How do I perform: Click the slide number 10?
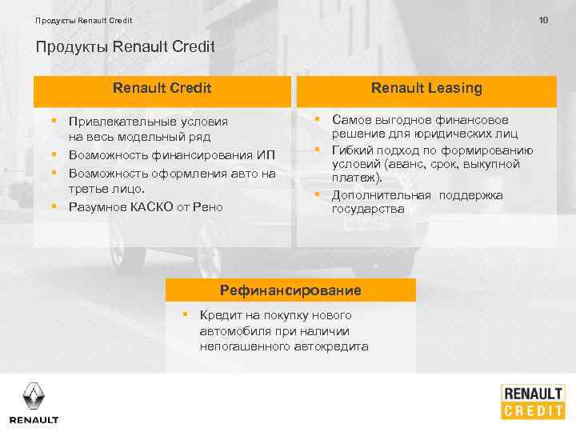(x=544, y=19)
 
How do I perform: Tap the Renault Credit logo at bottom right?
(x=533, y=402)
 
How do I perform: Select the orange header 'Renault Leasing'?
(x=426, y=88)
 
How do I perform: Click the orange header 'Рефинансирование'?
(x=290, y=290)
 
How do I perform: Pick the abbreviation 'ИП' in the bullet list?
(x=270, y=154)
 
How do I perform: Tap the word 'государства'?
(x=369, y=209)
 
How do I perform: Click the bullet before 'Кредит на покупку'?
(x=184, y=314)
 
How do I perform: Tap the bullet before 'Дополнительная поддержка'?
(x=317, y=195)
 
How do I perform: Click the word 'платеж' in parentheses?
(x=350, y=179)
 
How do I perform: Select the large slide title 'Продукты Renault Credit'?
(x=126, y=46)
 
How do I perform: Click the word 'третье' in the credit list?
(x=87, y=189)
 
